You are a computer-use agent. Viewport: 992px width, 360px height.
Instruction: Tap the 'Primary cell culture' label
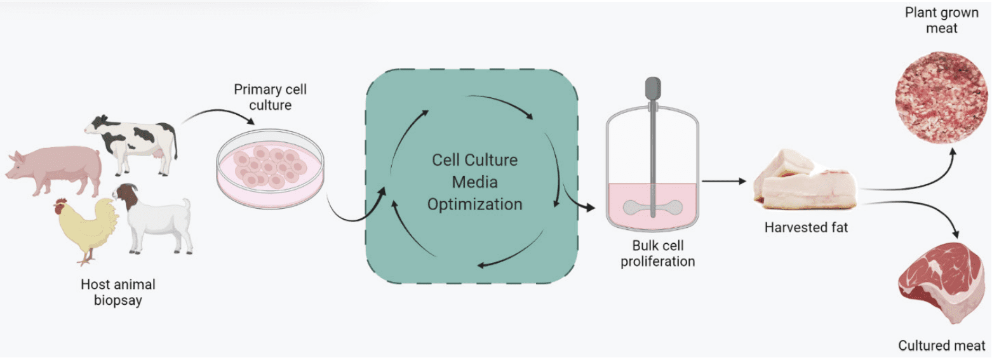point(270,97)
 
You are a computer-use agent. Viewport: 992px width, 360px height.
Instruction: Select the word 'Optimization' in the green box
point(474,204)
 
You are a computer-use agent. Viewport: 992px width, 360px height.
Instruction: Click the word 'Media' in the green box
point(474,182)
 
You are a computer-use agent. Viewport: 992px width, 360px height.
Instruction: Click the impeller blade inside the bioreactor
point(652,206)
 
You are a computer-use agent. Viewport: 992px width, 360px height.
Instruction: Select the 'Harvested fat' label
point(805,227)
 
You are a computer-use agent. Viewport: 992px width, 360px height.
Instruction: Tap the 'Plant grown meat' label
point(931,20)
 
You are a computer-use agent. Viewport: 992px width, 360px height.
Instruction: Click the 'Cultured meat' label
point(941,346)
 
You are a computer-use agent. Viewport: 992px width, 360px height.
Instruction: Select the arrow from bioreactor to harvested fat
point(724,182)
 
